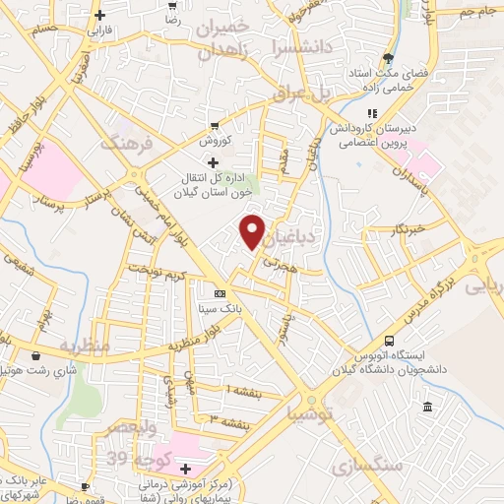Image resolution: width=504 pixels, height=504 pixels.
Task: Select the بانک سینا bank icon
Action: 219,293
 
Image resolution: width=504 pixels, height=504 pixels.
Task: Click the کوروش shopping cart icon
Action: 215,126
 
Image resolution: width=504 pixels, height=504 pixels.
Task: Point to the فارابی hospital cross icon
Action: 100,15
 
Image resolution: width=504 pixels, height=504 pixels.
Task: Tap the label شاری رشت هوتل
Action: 39,372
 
